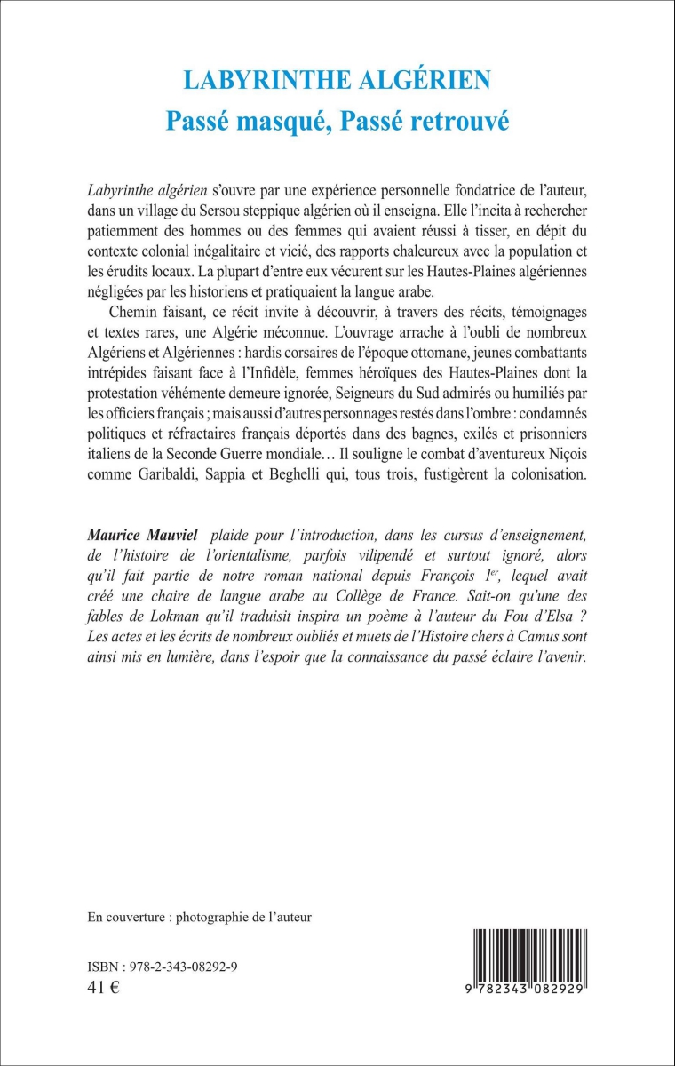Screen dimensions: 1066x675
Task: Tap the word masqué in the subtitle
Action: coord(273,122)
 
